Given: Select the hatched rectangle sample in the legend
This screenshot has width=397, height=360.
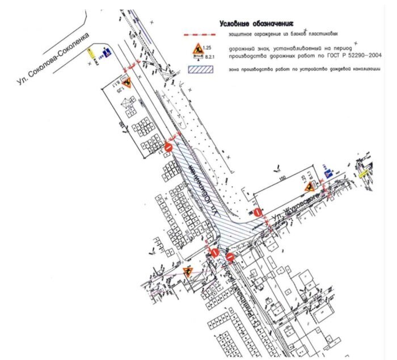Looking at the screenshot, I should click(x=199, y=70).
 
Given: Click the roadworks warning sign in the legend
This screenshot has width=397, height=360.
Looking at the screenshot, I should click(x=197, y=51).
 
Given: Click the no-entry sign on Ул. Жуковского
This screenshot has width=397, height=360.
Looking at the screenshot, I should click(x=257, y=213).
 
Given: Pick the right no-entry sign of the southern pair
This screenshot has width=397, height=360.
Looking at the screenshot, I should click(x=230, y=256).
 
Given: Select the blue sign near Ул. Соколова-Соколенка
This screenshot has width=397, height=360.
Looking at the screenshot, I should click(x=105, y=55).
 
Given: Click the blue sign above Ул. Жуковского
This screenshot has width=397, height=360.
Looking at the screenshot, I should click(x=327, y=173).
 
